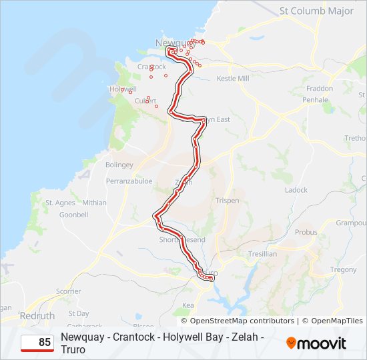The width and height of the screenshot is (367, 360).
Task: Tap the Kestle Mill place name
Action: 233,79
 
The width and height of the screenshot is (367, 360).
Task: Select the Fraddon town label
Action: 319,89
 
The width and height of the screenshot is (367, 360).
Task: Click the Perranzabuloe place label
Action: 129,181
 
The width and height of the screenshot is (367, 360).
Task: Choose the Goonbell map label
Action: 74,215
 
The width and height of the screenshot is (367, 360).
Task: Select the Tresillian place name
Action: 262,254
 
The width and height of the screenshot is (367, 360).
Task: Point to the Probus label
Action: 306,233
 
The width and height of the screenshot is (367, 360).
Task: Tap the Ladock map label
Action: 296,190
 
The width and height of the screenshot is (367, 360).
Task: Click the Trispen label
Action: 228,201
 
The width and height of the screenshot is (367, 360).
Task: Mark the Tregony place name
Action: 344,270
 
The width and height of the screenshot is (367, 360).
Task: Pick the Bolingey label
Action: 119,165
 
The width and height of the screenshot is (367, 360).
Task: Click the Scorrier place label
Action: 68,291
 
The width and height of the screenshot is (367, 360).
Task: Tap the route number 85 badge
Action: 37,343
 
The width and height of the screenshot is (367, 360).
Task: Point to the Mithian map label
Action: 94,203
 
